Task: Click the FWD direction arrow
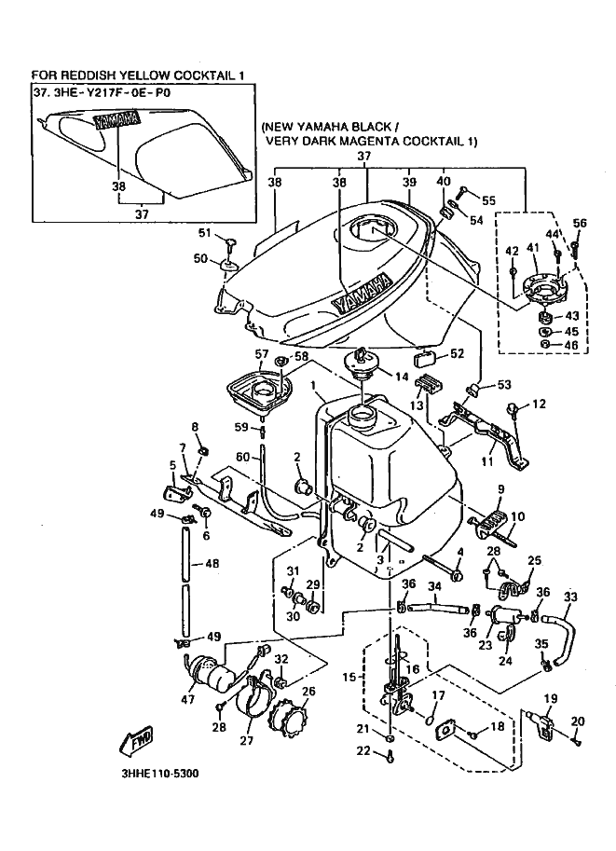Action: pos(135,740)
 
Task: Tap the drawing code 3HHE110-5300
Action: pos(160,774)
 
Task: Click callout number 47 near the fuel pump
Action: pos(188,700)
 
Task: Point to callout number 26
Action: pos(308,692)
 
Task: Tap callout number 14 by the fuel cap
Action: pos(402,377)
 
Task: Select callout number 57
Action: pos(262,354)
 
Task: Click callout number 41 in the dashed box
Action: pos(532,248)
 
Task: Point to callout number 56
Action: pos(580,223)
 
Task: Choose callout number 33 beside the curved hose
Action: pos(570,597)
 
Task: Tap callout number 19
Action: pos(551,699)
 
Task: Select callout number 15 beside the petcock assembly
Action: pos(349,678)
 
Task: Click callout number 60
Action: pos(242,457)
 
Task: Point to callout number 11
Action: pos(486,462)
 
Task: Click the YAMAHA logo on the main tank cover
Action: pos(362,292)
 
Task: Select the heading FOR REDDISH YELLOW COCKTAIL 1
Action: pos(137,75)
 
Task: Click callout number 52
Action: pos(458,353)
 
